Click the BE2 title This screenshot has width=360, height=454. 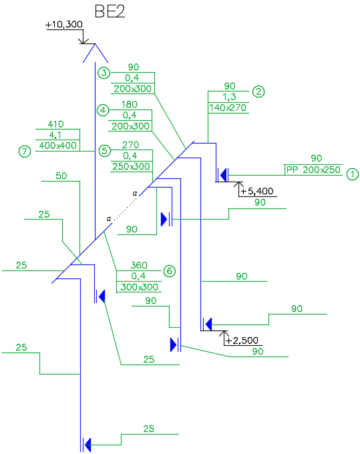110,11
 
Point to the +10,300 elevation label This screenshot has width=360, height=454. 64,24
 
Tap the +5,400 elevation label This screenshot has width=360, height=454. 257,191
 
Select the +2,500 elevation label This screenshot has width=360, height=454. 242,340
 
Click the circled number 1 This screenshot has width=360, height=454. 353,174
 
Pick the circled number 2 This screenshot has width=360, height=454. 258,91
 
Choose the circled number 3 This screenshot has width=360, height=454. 104,73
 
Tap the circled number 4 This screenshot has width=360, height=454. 103,110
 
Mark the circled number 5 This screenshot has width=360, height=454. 105,151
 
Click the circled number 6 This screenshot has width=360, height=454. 170,271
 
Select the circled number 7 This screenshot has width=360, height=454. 25,152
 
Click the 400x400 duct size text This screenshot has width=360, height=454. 58,146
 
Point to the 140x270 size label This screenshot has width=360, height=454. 228,107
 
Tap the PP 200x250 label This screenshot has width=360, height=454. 313,170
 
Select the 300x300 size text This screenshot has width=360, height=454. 140,287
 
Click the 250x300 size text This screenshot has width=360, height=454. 131,166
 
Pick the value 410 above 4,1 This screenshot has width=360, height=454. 55,124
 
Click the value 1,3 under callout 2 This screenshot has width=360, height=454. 229,97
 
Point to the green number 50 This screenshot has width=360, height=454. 61,176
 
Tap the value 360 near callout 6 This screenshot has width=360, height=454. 139,265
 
